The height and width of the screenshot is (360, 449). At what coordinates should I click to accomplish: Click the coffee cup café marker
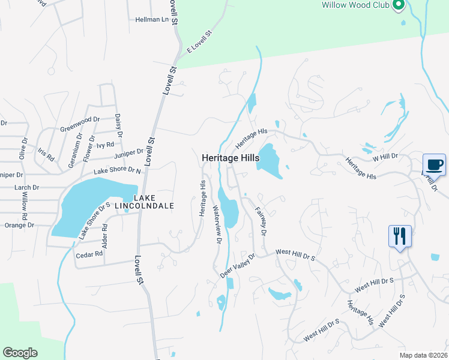coord(434,164)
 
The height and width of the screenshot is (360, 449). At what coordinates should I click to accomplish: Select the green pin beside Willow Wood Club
coord(397,5)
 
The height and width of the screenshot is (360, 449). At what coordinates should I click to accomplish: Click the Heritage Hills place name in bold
coord(231,158)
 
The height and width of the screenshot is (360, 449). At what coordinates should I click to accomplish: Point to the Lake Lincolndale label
coord(154,202)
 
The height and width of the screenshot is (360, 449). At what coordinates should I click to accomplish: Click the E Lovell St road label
coord(200,43)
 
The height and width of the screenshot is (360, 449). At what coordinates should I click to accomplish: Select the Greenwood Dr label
coord(79,124)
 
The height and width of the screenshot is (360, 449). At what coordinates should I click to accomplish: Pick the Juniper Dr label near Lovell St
coord(128,155)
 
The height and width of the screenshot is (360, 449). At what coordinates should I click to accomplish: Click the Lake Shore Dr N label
coord(116,172)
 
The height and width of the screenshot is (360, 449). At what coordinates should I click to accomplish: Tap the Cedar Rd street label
coord(90,254)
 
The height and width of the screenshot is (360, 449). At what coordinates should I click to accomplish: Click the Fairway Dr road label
coord(260,221)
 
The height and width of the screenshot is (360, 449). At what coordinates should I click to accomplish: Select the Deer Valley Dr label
coord(238,265)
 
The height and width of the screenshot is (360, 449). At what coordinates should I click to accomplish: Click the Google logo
coord(20,353)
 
